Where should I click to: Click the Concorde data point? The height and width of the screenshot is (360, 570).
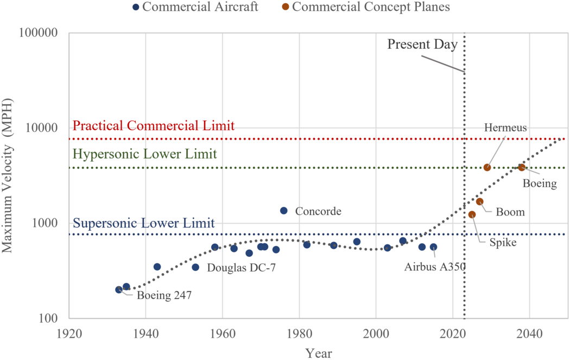click(284, 211)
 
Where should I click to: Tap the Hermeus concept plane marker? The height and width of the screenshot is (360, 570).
click(487, 167)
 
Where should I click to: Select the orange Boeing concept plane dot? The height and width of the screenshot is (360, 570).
click(522, 167)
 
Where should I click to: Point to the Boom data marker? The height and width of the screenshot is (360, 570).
click(480, 201)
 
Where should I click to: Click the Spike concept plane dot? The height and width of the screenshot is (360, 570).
click(472, 214)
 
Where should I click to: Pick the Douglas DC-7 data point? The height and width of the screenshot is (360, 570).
click(195, 267)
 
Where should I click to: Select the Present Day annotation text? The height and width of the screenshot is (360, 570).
click(422, 44)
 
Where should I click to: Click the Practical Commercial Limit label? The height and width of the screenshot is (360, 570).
click(154, 126)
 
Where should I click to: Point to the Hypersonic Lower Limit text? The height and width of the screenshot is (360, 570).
click(145, 154)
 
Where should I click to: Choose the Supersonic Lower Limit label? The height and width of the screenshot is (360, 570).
click(144, 223)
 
